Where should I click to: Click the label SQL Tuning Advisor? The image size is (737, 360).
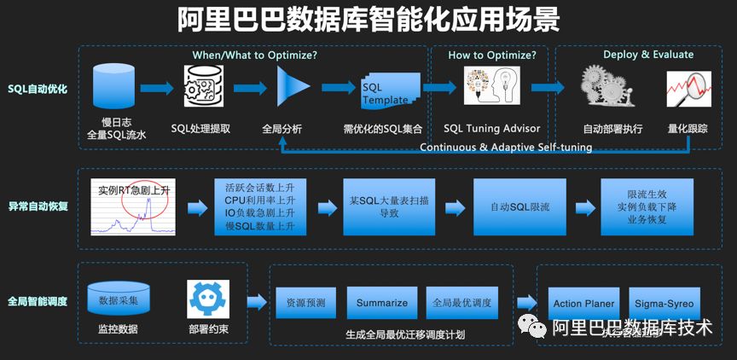click(491, 129)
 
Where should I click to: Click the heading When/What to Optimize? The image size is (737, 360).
click(254, 55)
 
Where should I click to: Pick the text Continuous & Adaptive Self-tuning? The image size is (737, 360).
click(506, 147)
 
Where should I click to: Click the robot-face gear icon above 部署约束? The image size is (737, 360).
click(208, 299)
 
